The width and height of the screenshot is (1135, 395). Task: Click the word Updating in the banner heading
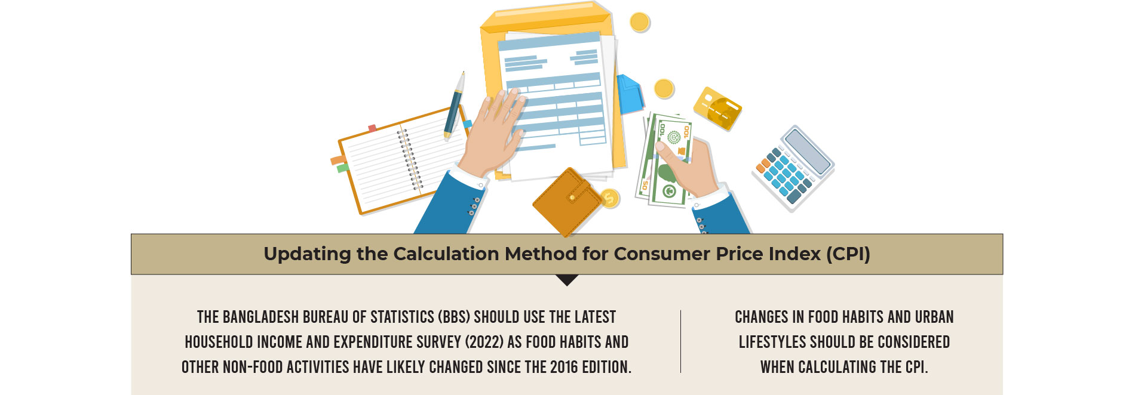tap(308, 254)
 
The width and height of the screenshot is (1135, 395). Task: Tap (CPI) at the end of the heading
tap(848, 254)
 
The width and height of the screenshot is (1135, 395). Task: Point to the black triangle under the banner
tap(567, 280)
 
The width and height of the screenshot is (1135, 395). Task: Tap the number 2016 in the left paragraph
tap(563, 367)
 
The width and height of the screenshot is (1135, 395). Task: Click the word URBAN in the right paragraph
tap(934, 317)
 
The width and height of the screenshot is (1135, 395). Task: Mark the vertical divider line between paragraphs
tap(680, 341)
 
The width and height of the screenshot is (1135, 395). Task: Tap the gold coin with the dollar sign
tap(609, 198)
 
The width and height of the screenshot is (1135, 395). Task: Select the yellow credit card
tap(717, 108)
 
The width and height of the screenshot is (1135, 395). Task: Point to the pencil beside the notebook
tap(454, 105)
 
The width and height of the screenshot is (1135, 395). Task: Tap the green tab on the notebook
tap(343, 168)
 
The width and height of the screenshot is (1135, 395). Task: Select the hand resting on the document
tap(495, 131)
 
